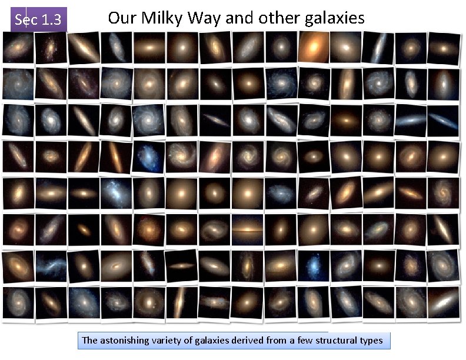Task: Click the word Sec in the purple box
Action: (25, 20)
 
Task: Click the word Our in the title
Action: (121, 18)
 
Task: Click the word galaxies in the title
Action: (335, 18)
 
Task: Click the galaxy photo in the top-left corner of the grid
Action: (18, 47)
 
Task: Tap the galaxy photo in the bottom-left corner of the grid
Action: (18, 302)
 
